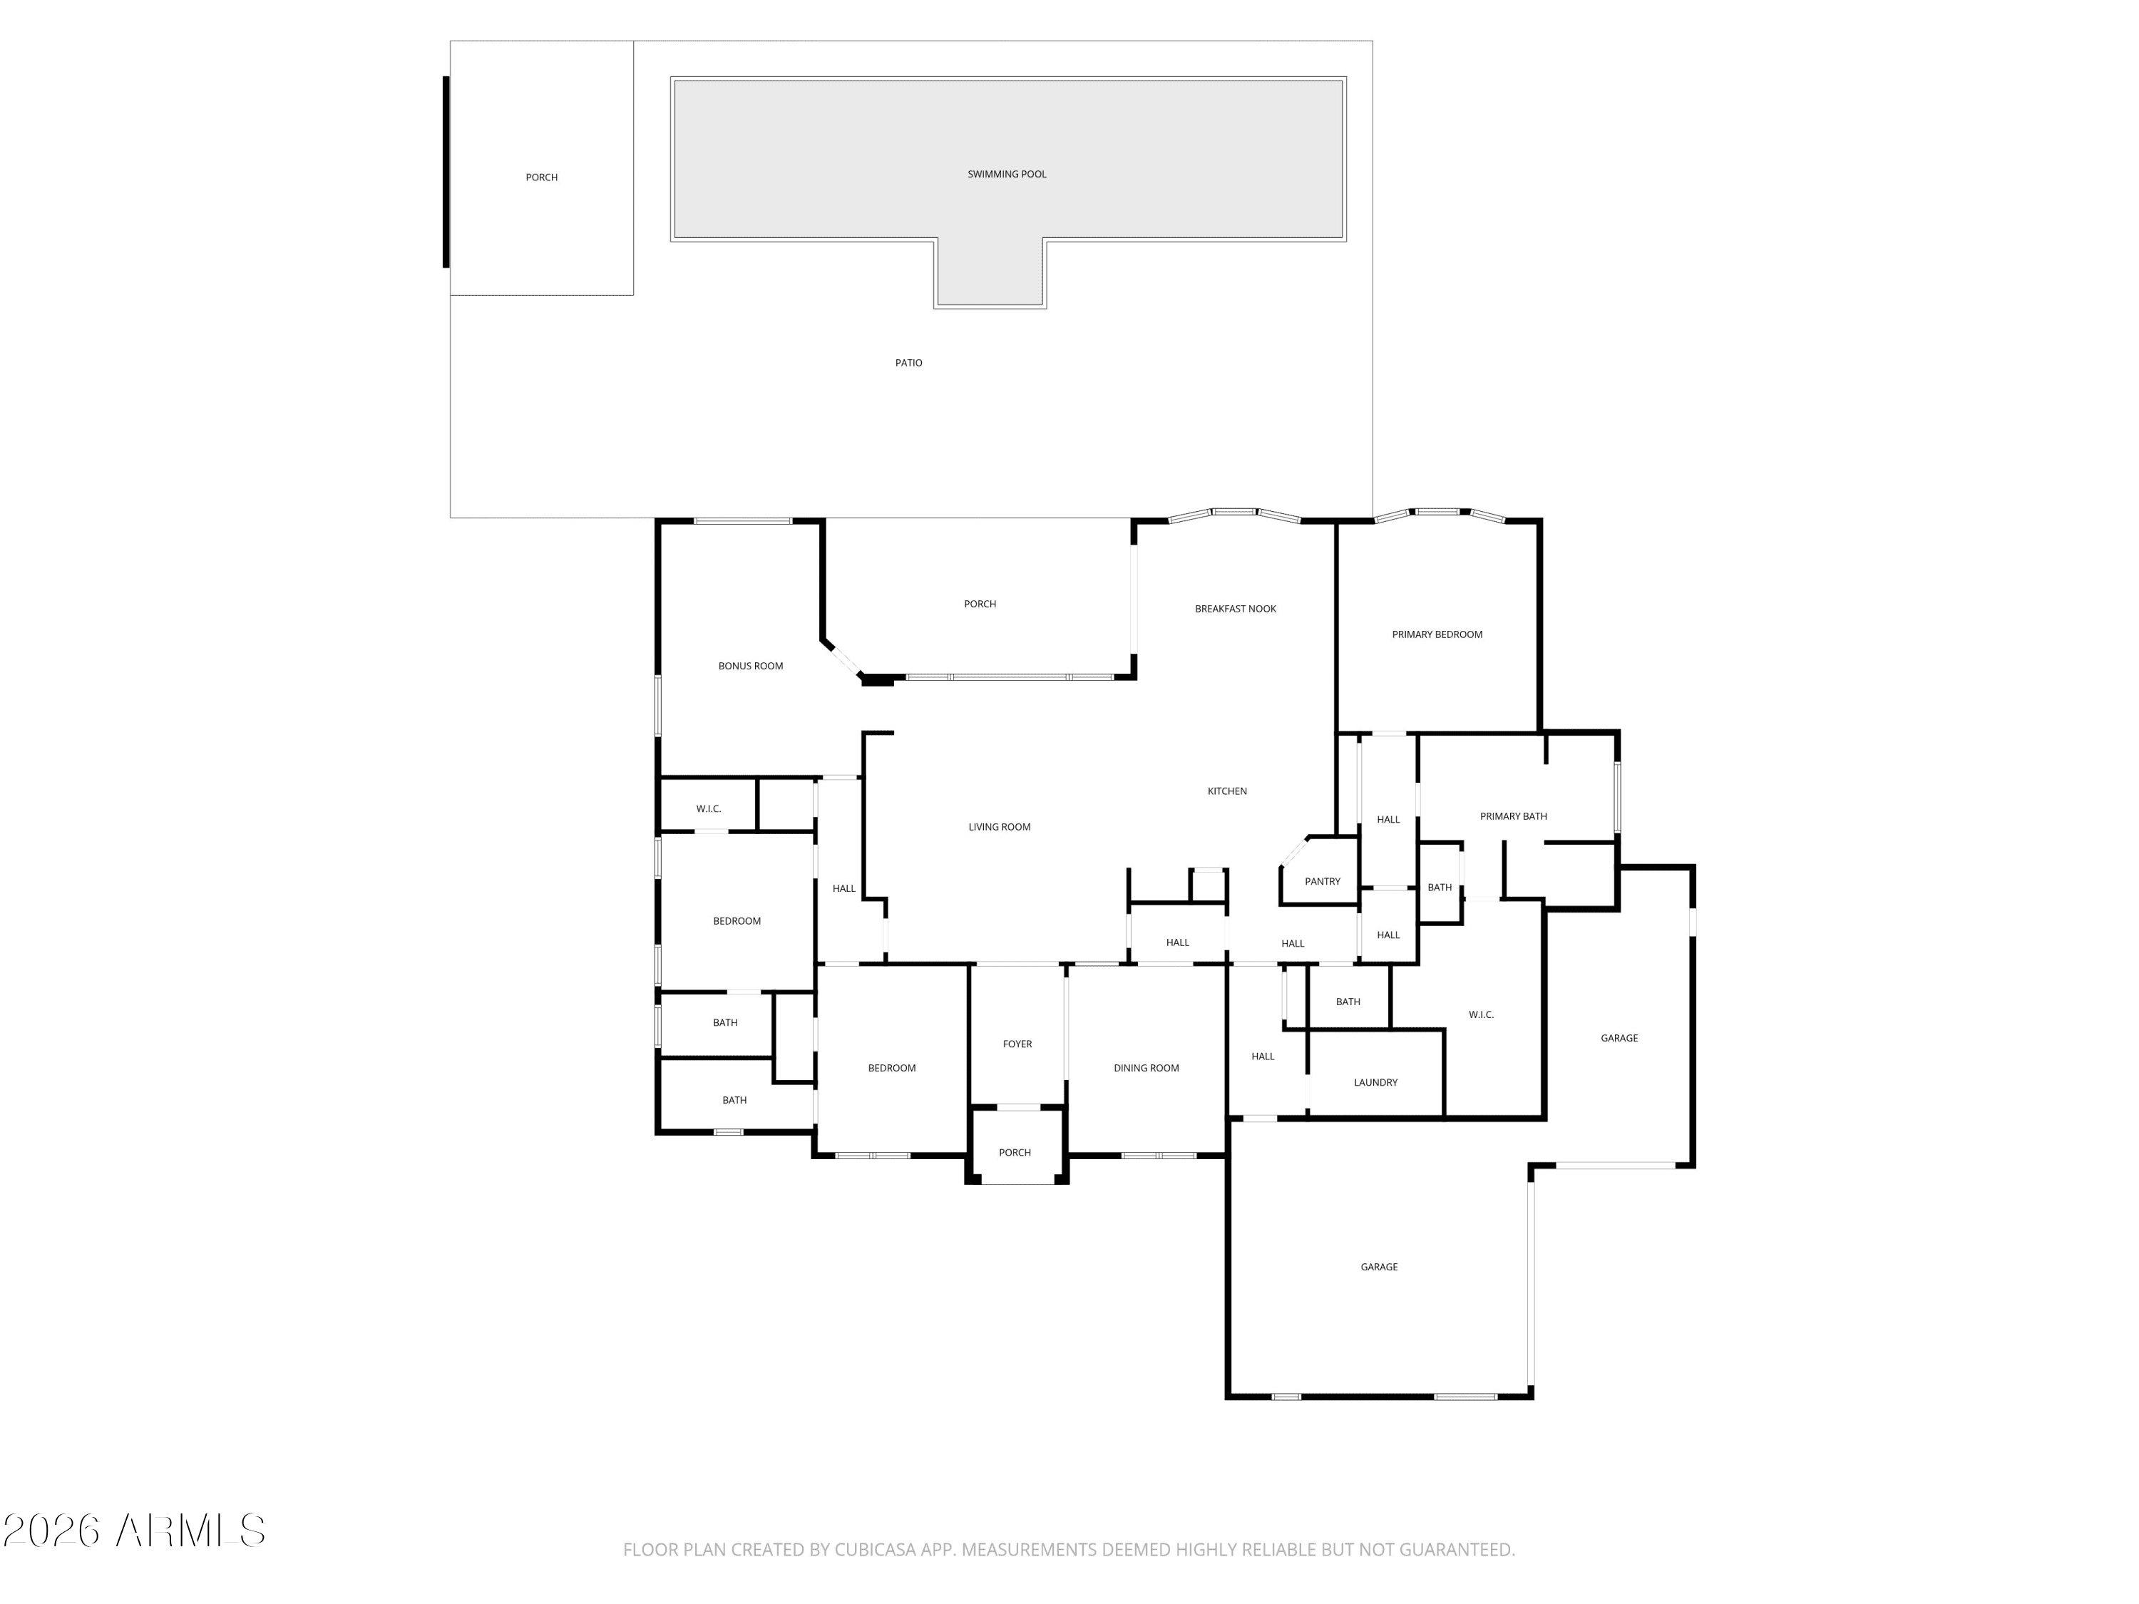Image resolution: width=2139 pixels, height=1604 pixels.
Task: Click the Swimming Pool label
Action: [1007, 174]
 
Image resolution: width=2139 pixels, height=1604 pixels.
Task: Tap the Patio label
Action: [908, 363]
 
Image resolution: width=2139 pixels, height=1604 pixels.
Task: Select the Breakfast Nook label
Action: [1235, 609]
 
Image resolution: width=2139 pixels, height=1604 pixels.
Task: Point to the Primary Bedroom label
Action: [1437, 634]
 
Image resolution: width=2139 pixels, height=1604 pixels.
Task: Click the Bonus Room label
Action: [750, 666]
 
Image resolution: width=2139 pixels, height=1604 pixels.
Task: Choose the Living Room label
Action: [999, 827]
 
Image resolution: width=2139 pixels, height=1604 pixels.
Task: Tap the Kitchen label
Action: [1227, 791]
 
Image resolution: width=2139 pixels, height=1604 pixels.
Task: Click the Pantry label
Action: [1322, 882]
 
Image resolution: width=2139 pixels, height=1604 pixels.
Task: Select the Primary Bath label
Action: [1514, 816]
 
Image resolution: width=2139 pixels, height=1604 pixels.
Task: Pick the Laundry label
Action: [1375, 1083]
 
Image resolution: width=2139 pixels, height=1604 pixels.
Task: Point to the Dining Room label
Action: [1146, 1069]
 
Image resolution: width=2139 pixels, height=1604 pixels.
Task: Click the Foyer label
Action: [1017, 1044]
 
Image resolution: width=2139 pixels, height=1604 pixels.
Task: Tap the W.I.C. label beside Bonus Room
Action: [709, 809]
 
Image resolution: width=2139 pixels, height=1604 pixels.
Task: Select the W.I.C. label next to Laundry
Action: [1480, 1014]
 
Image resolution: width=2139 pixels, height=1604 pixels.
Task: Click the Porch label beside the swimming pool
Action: [541, 177]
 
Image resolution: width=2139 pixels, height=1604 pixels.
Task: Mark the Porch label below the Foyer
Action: [1015, 1153]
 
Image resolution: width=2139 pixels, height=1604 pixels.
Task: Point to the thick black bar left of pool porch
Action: [446, 172]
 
